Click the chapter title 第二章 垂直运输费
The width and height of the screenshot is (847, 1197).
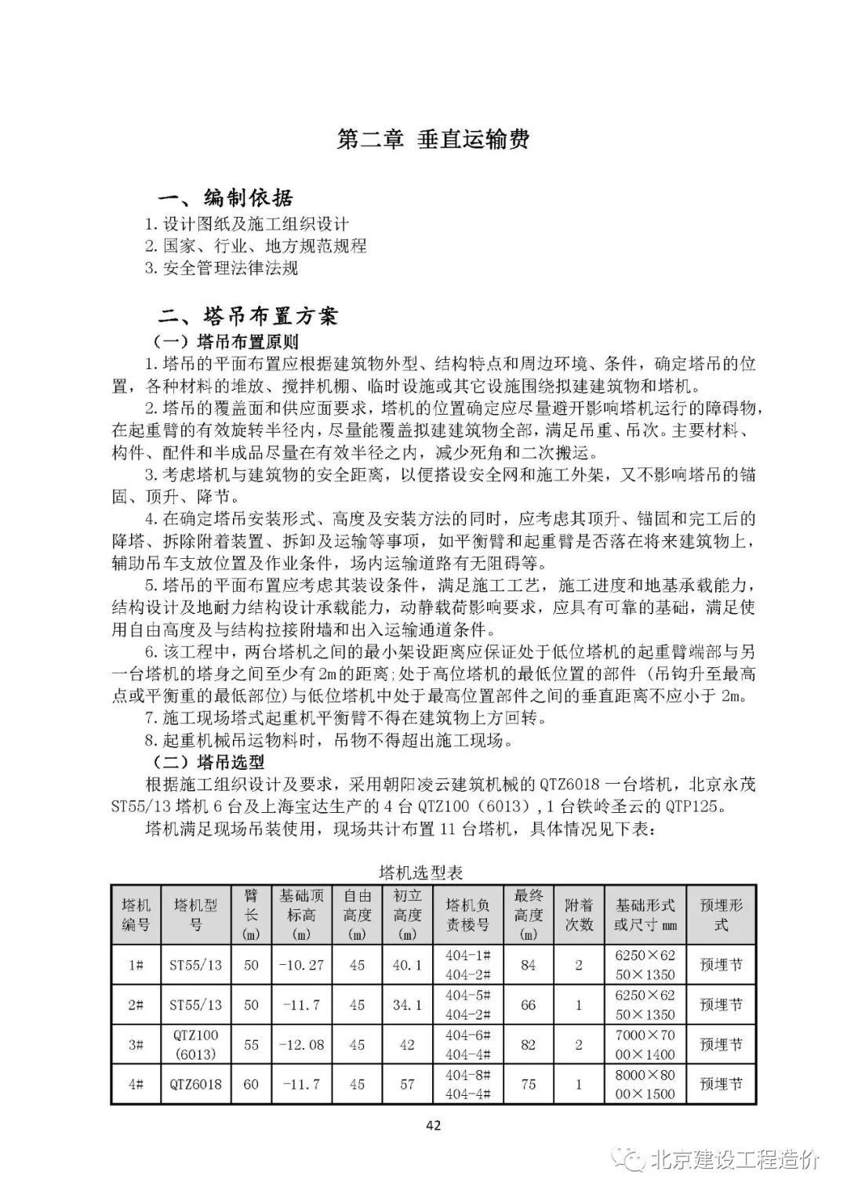pyautogui.click(x=433, y=140)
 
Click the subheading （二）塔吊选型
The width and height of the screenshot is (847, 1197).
pyautogui.click(x=208, y=762)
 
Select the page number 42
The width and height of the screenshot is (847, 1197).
pyautogui.click(x=433, y=1126)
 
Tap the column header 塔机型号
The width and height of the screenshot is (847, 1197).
pyautogui.click(x=196, y=914)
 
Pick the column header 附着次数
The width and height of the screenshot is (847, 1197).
pyautogui.click(x=579, y=914)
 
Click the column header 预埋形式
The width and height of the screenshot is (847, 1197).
pyautogui.click(x=721, y=914)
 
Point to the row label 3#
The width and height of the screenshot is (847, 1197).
pyautogui.click(x=136, y=1044)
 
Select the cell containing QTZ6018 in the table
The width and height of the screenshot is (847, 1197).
pyautogui.click(x=196, y=1085)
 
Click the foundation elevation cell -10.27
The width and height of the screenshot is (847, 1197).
pyautogui.click(x=301, y=965)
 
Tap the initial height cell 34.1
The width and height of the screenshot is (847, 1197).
pyautogui.click(x=407, y=1004)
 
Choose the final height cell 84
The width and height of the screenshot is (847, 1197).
pyautogui.click(x=529, y=965)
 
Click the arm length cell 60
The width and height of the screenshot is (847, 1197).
pyautogui.click(x=251, y=1085)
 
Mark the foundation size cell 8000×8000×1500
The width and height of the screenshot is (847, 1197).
pyautogui.click(x=645, y=1085)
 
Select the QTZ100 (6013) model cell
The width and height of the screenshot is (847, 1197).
pyautogui.click(x=196, y=1044)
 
